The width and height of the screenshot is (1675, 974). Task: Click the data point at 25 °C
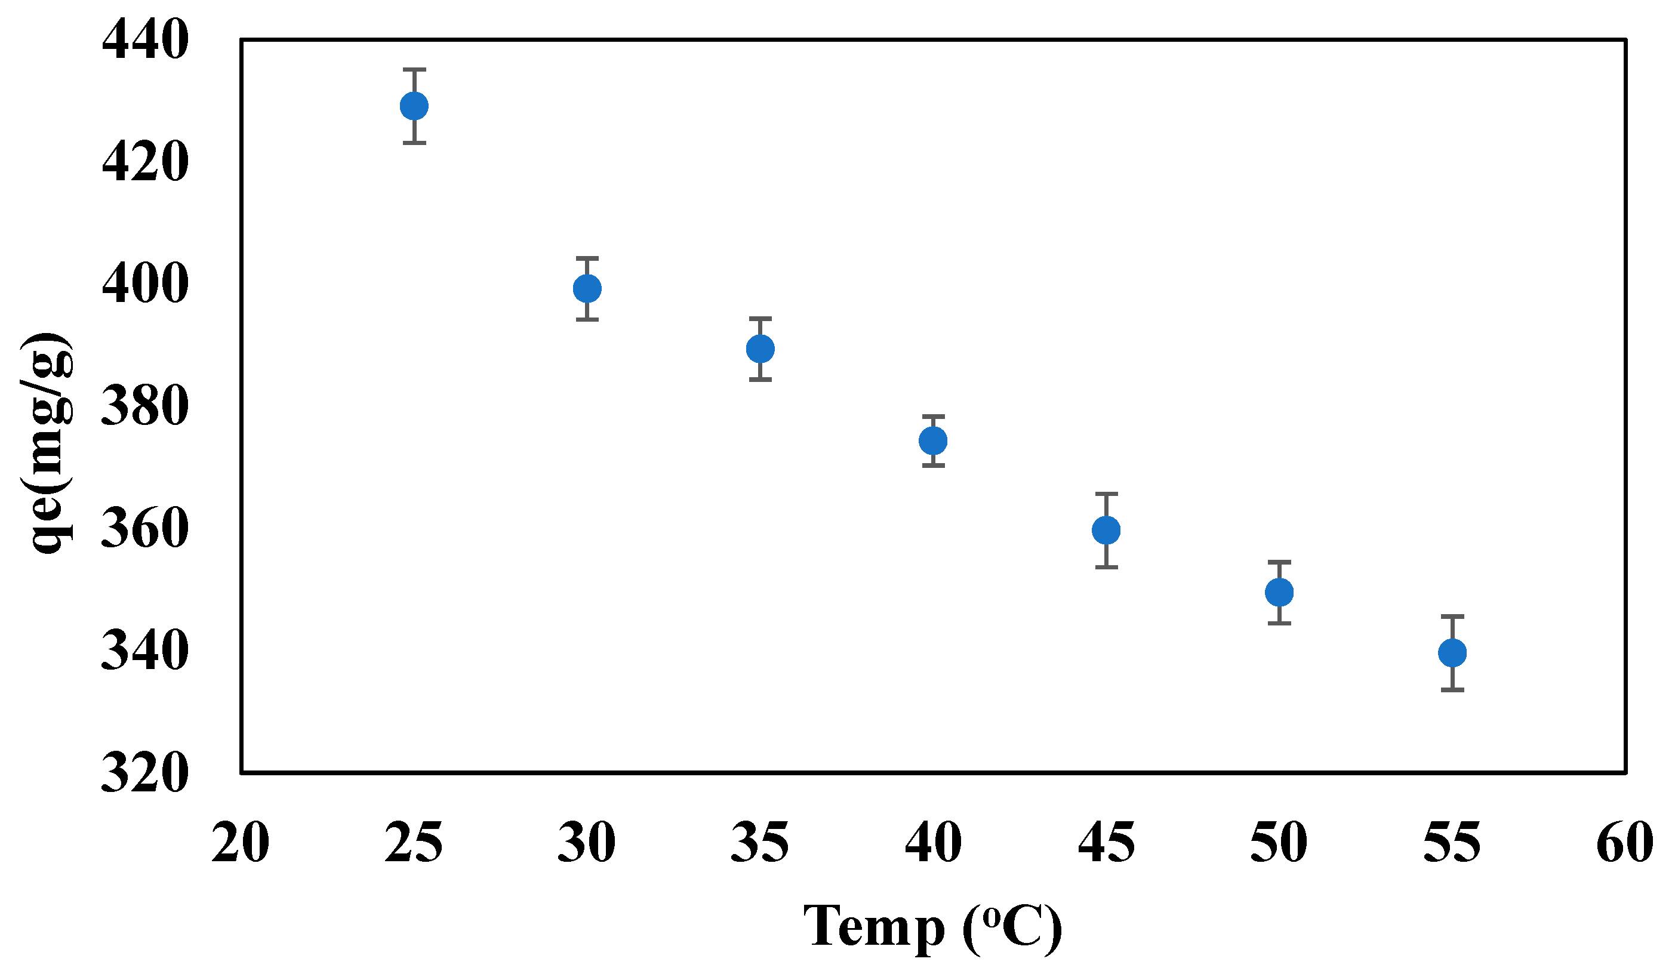(x=414, y=106)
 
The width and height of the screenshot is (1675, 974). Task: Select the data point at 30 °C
(x=587, y=288)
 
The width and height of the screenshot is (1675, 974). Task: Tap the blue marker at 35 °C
(x=760, y=349)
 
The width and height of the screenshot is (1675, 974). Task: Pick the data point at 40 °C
(x=933, y=440)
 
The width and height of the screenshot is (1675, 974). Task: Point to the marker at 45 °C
(x=1106, y=530)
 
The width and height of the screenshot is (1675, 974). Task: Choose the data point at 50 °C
(x=1279, y=592)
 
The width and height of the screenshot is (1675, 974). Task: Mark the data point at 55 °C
(x=1452, y=653)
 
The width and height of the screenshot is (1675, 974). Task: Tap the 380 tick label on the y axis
(x=145, y=406)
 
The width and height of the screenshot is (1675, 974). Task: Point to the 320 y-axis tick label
(x=145, y=773)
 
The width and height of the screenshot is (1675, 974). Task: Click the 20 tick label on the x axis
(x=241, y=843)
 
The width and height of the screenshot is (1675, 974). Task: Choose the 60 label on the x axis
(x=1625, y=843)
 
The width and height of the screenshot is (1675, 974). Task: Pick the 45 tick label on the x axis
(x=1106, y=843)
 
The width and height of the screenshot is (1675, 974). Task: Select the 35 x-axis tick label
(x=760, y=843)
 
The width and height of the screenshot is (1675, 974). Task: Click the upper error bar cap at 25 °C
(x=414, y=69)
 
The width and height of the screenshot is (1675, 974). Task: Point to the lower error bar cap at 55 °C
(x=1452, y=691)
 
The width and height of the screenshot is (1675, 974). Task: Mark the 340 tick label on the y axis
(x=145, y=651)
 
